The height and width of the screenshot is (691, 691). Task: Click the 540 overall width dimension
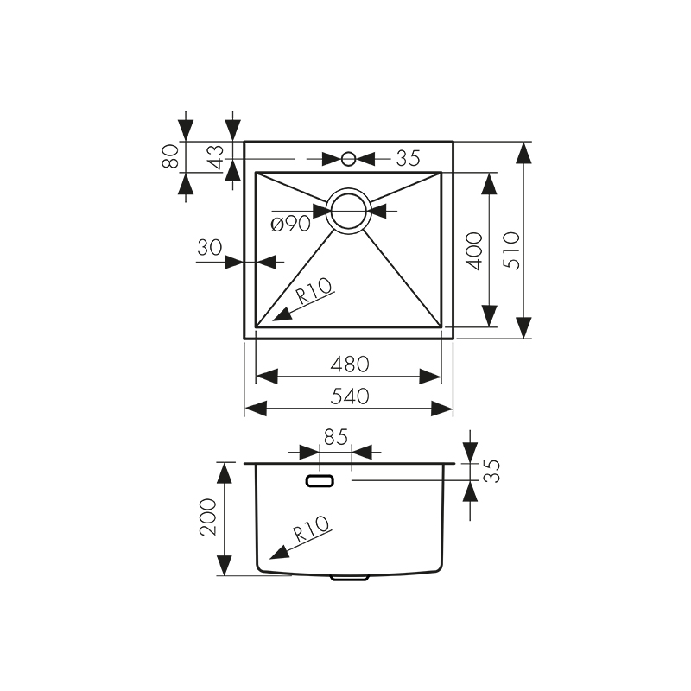[x=350, y=396]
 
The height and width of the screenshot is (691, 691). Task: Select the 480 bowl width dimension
[x=350, y=364]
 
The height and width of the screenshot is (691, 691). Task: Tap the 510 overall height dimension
[x=511, y=250]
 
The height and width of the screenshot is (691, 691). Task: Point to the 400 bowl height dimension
[x=474, y=251]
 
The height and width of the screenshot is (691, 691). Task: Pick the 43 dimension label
[x=216, y=156]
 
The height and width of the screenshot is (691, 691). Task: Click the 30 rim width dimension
[x=209, y=247]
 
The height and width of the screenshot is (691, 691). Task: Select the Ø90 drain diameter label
[x=290, y=225]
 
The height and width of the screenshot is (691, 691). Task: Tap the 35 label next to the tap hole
[x=408, y=158]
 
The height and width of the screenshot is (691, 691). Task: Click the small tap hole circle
[x=349, y=159]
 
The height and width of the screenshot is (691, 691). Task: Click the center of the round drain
[x=349, y=211]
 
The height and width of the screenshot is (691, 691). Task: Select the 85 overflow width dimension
[x=336, y=438]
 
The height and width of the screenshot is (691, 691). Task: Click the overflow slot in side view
[x=321, y=479]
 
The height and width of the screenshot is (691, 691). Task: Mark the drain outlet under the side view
[x=351, y=578]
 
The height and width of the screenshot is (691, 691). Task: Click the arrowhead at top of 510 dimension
[x=523, y=153]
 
